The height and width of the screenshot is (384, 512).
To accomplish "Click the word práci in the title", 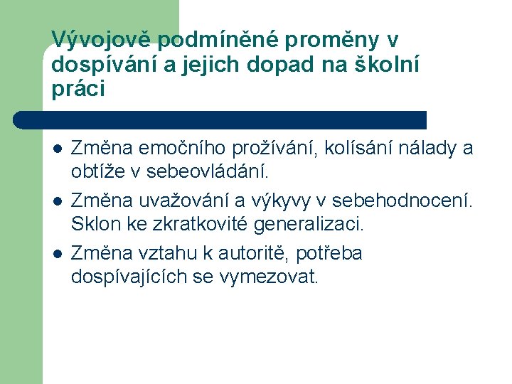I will (x=78, y=89).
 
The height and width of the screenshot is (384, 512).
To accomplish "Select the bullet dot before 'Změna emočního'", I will (x=57, y=149).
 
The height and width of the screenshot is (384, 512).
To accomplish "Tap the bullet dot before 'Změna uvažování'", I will (x=57, y=201).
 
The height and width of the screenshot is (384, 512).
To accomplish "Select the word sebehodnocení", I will (x=405, y=201).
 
